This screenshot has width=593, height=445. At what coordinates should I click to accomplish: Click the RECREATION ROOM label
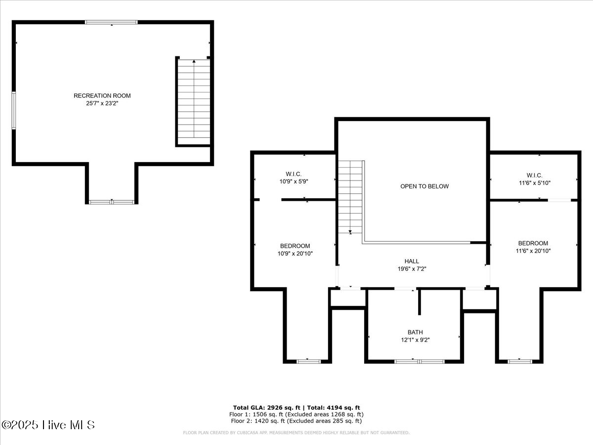click(x=102, y=95)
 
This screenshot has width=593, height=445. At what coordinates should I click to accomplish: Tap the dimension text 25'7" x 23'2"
click(x=102, y=104)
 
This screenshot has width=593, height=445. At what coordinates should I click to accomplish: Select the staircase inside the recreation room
click(x=194, y=101)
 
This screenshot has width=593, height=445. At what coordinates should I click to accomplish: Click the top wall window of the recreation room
click(x=111, y=22)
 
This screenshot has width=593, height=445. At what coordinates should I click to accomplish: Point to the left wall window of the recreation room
click(x=14, y=111)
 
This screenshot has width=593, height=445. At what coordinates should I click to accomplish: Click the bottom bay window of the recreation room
click(x=112, y=202)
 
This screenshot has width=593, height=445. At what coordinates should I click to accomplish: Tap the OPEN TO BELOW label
click(x=424, y=186)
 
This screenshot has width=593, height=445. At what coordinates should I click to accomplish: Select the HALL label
click(x=412, y=261)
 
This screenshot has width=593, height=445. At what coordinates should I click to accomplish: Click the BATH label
click(x=415, y=332)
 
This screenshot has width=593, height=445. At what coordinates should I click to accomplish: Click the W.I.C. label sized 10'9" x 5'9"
click(x=294, y=174)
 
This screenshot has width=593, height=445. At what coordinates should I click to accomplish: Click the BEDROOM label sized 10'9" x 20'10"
click(x=295, y=246)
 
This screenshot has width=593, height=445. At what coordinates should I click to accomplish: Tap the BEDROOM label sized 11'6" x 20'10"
click(x=533, y=243)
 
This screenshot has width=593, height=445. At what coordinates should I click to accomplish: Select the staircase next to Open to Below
click(x=350, y=198)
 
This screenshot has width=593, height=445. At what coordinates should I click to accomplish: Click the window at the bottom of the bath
click(x=420, y=361)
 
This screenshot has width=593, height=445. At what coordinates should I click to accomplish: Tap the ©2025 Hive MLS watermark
click(x=48, y=425)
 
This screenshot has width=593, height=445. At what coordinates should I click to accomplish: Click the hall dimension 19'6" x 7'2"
click(x=412, y=269)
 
